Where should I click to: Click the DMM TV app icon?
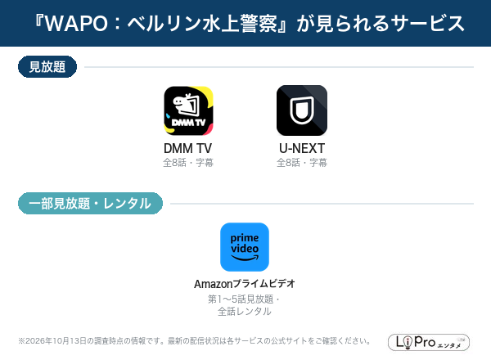pyautogui.click(x=188, y=110)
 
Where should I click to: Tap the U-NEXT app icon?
pyautogui.click(x=302, y=110)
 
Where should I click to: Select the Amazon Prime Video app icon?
pyautogui.click(x=245, y=247)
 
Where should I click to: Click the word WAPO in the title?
pyautogui.click(x=76, y=24)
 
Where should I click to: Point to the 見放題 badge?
pyautogui.click(x=47, y=66)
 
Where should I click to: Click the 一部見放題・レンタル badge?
pyautogui.click(x=90, y=204)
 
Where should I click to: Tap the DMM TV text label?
pyautogui.click(x=188, y=148)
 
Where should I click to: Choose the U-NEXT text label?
pyautogui.click(x=302, y=148)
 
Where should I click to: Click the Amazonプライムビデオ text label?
pyautogui.click(x=245, y=284)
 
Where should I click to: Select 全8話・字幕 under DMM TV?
pyautogui.click(x=188, y=163)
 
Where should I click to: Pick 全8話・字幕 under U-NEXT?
pyautogui.click(x=302, y=163)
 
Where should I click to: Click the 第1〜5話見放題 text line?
pyautogui.click(x=241, y=299)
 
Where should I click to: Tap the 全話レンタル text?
pyautogui.click(x=245, y=311)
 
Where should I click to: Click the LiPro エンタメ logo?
pyautogui.click(x=429, y=342)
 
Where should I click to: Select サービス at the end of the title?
pyautogui.click(x=429, y=24)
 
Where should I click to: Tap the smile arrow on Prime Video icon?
pyautogui.click(x=245, y=258)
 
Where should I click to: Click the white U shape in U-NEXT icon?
pyautogui.click(x=302, y=110)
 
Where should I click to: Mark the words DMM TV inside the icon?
pyautogui.click(x=188, y=123)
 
